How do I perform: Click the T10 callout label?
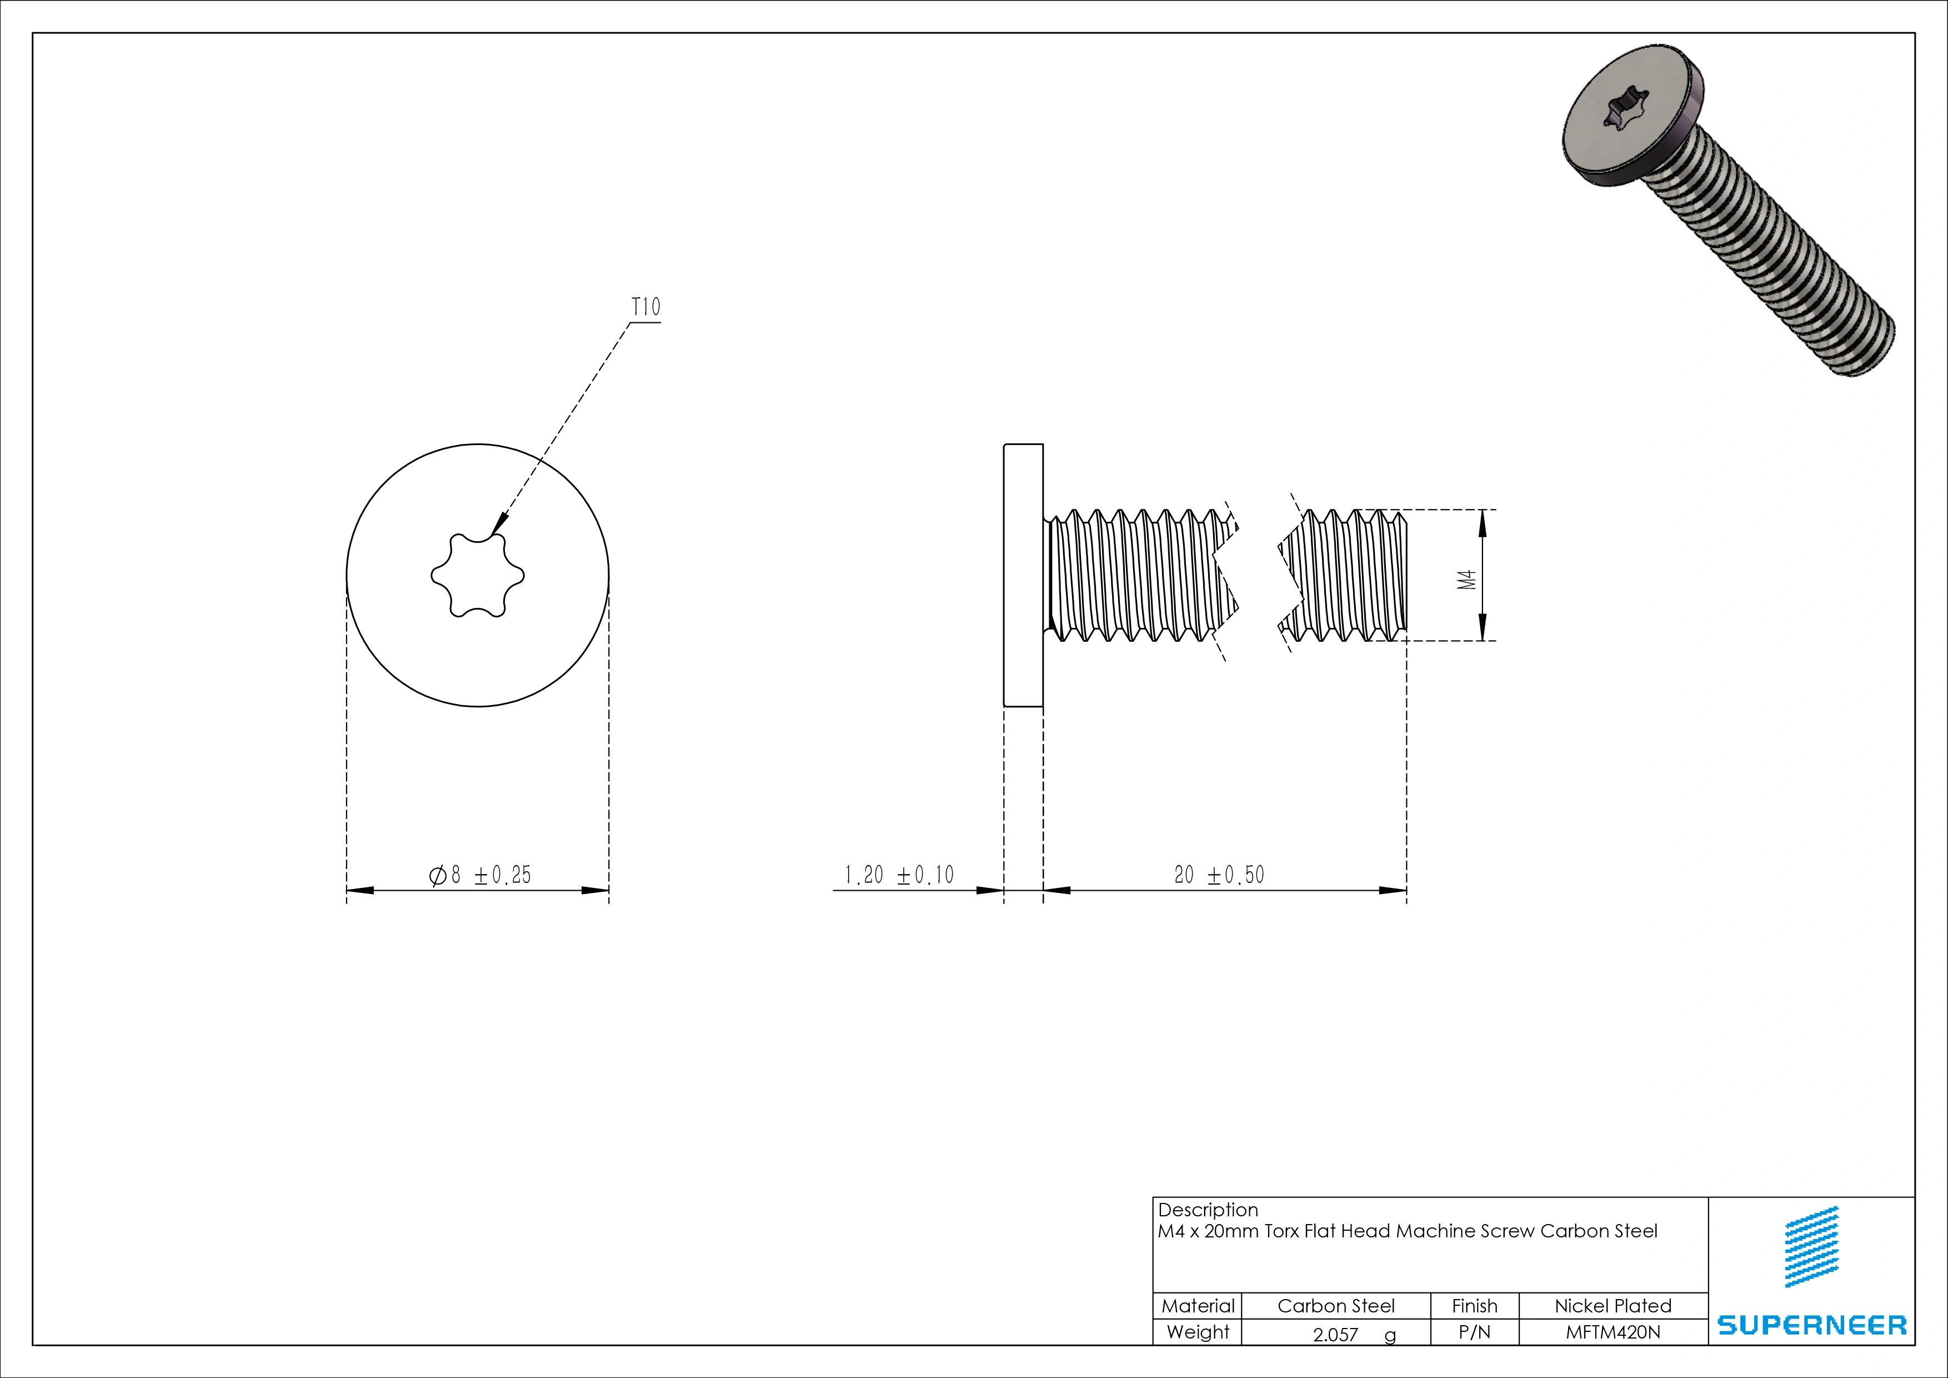pos(645,307)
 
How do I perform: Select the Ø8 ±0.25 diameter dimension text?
pos(480,875)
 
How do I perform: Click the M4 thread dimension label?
pos(1467,580)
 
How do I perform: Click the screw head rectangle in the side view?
pos(1023,575)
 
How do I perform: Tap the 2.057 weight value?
pos(1335,1335)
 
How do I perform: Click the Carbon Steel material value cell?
pos(1335,1306)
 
